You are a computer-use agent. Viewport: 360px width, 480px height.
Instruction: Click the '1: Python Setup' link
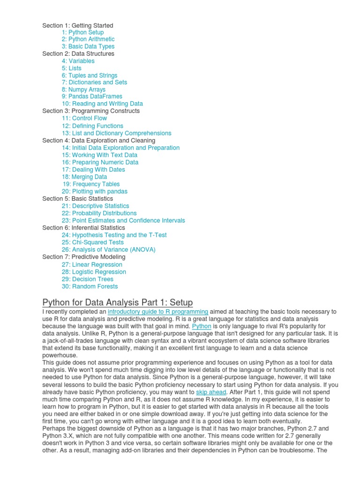[x=82, y=32]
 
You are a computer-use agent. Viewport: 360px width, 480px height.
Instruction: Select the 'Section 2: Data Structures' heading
[x=78, y=53]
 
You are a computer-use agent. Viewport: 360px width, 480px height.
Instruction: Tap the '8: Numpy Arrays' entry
[x=83, y=90]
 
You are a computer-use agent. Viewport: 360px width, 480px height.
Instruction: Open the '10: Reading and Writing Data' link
[x=102, y=104]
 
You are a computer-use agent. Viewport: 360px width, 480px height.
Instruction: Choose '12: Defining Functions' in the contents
[x=92, y=126]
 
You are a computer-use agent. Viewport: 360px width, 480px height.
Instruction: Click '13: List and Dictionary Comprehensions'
[x=116, y=133]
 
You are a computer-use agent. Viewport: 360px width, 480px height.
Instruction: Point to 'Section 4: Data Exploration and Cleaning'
[x=98, y=140]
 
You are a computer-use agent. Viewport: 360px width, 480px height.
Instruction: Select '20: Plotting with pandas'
[x=94, y=191]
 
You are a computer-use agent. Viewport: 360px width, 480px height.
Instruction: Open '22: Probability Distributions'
[x=99, y=213]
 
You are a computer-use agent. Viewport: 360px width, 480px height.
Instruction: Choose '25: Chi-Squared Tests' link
[x=92, y=242]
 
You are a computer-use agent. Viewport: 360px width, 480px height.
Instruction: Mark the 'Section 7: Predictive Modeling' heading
[x=84, y=257]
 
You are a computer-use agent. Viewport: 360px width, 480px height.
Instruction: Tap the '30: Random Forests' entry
[x=90, y=286]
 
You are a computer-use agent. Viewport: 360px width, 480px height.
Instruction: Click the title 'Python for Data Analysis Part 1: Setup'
[x=118, y=302]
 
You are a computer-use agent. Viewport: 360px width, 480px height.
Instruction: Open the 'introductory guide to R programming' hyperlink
[x=158, y=312]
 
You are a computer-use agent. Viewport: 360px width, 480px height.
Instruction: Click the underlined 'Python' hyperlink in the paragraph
[x=202, y=326]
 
